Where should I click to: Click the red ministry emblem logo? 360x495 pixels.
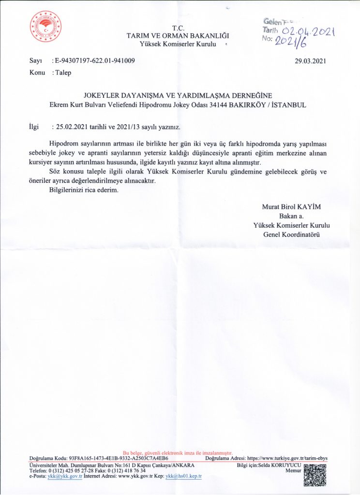[x=45, y=27]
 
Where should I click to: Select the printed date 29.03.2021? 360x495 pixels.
[x=311, y=61]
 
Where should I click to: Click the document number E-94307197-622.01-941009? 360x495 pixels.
[x=95, y=61]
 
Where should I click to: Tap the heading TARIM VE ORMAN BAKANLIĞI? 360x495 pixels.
[x=178, y=35]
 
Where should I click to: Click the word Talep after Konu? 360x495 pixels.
[x=63, y=73]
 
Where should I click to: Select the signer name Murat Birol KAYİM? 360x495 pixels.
[x=291, y=207]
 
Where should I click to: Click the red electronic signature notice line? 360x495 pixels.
[x=178, y=452]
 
